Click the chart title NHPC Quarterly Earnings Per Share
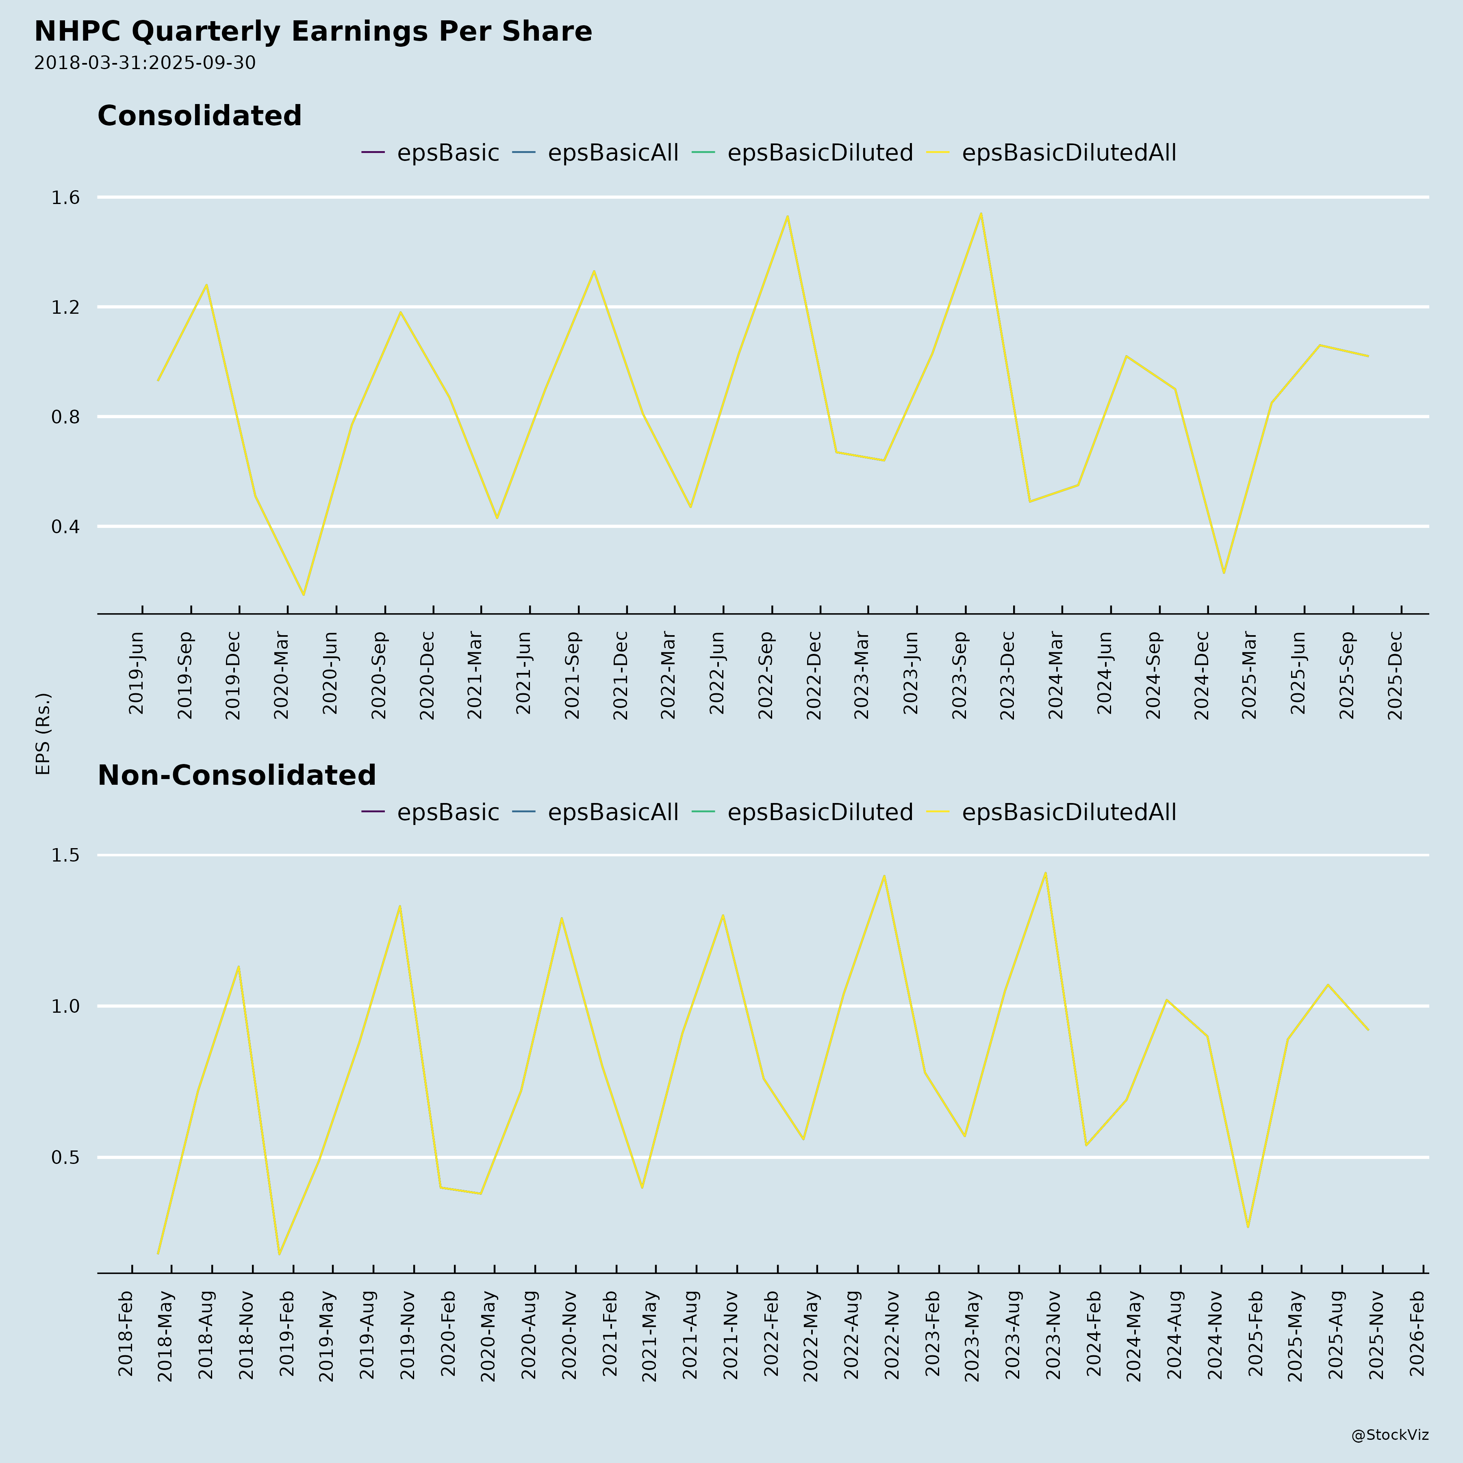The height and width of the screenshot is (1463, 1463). tap(313, 32)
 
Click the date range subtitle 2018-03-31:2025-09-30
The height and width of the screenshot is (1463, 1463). tap(145, 63)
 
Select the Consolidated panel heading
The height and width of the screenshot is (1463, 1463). tap(199, 116)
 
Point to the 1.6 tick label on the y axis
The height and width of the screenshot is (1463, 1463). tap(65, 198)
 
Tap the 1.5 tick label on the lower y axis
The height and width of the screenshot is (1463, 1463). tap(65, 856)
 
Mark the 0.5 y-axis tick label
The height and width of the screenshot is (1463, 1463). tap(65, 1157)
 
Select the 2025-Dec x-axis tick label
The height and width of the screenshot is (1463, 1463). tap(1396, 675)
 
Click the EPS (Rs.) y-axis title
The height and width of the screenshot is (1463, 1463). tap(43, 733)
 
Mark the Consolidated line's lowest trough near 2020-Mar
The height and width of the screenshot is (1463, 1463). tap(304, 595)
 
